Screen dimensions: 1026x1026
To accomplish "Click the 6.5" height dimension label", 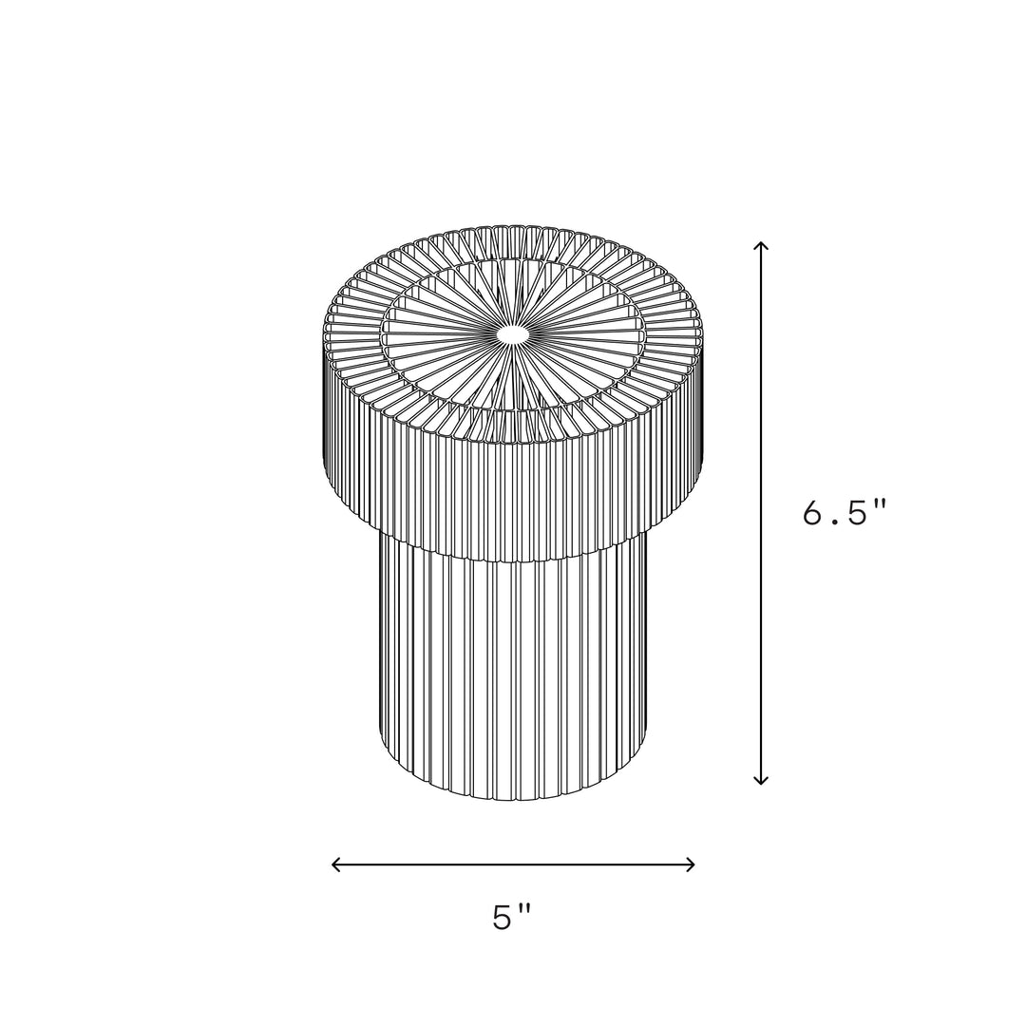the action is coord(845,512).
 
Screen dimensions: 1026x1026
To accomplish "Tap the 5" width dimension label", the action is coord(512,917).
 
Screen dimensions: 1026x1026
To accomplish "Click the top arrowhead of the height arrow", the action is coord(760,245).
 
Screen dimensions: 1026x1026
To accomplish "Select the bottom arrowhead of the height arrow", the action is coord(760,780).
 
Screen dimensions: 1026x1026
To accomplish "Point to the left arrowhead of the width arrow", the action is coord(336,864).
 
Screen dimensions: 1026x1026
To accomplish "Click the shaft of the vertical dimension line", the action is coord(760,513).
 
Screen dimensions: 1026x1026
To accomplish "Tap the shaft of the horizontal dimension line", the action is coord(513,864).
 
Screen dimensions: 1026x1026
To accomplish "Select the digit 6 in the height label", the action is coord(813,512).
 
